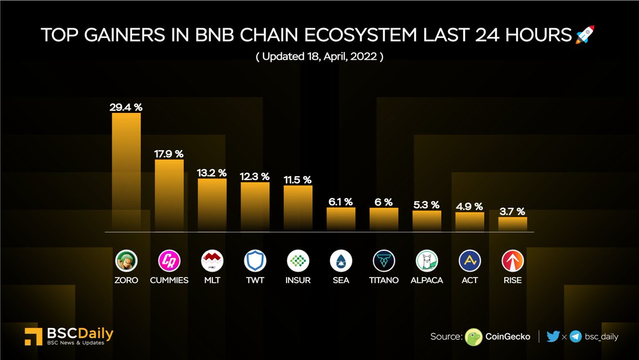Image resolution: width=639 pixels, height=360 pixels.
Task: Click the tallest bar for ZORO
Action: [x=126, y=170]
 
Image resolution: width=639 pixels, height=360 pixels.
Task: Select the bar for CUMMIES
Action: [x=169, y=194]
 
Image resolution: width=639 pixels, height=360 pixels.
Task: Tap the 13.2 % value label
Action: [x=212, y=173]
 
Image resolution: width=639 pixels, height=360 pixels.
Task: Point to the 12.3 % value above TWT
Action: [x=255, y=176]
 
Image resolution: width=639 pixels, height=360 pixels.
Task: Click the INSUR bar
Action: [x=298, y=208]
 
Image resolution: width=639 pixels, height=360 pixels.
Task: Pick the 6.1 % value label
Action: [x=341, y=201]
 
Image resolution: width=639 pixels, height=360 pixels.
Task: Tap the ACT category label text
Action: [x=470, y=280]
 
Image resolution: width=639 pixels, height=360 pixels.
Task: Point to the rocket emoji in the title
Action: [x=585, y=35]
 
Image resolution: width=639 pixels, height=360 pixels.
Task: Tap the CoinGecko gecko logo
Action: [x=474, y=337]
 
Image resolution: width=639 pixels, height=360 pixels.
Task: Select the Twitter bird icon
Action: [x=553, y=337]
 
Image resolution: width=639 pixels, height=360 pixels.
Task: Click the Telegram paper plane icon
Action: [x=575, y=337]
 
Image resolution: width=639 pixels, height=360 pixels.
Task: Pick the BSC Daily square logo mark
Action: [x=34, y=337]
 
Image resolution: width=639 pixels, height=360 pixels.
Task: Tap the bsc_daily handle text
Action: [x=602, y=337]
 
